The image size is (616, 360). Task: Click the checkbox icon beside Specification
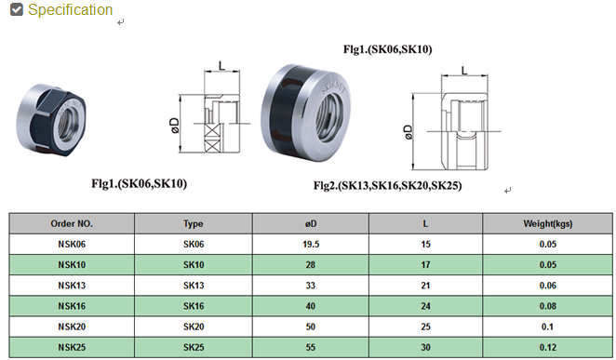(17, 9)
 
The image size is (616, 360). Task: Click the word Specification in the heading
(71, 10)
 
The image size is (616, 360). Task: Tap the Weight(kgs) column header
(548, 224)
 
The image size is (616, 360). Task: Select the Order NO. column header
(72, 224)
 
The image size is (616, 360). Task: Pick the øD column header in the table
(311, 224)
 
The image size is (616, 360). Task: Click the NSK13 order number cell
(72, 286)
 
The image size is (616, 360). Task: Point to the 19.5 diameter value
(311, 245)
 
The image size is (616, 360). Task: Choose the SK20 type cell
(194, 327)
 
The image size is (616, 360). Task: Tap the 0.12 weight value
(548, 347)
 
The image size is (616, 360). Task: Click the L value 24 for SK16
(426, 306)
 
